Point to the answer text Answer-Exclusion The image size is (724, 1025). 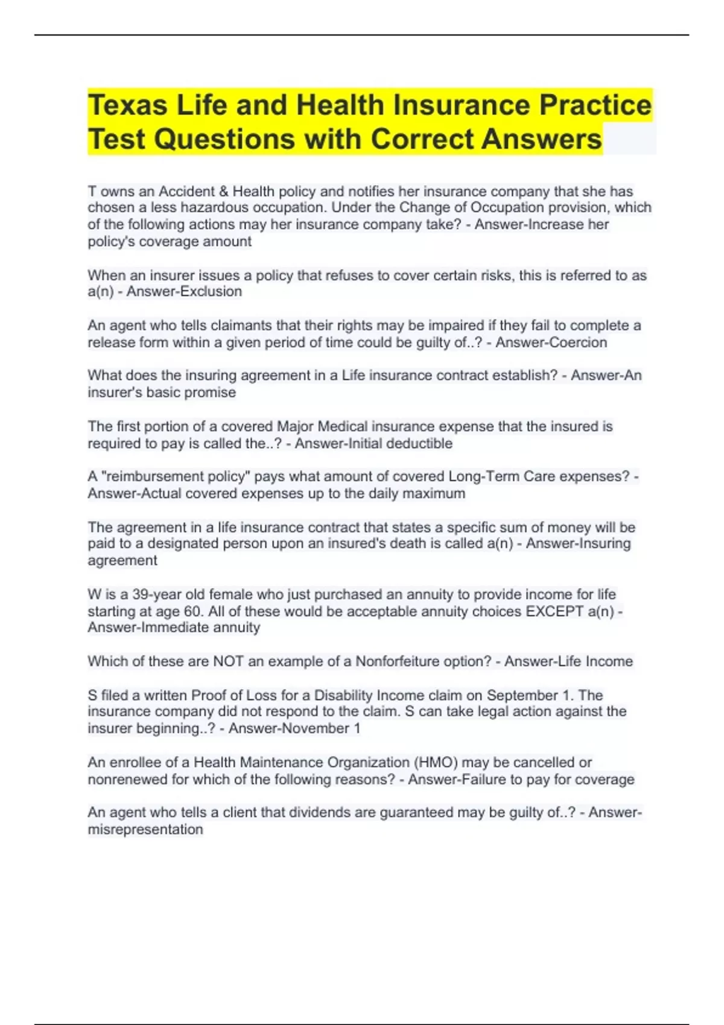(184, 292)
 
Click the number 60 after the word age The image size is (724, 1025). (192, 611)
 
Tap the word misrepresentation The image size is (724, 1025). (145, 830)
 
